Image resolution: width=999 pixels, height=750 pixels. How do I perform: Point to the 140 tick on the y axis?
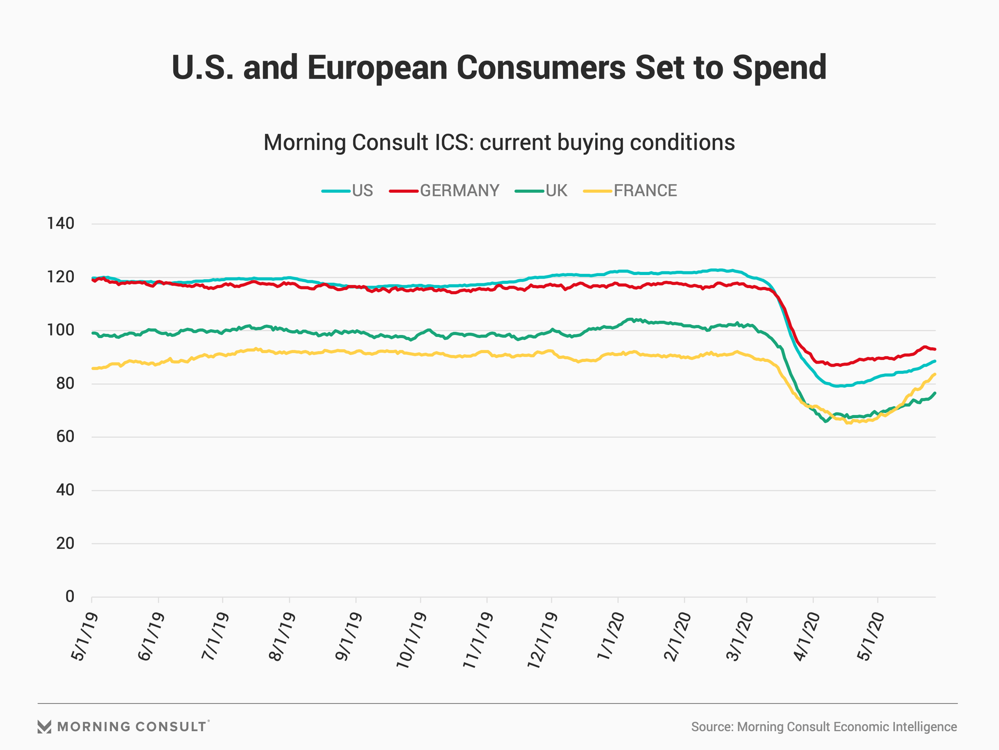coord(61,224)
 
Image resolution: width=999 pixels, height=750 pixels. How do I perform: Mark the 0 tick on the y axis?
coord(69,597)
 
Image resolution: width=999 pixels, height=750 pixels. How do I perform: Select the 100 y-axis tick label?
coord(61,330)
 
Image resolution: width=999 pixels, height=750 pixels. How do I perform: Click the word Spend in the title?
coord(779,68)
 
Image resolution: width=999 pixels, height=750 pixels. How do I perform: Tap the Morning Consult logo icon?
coord(45,727)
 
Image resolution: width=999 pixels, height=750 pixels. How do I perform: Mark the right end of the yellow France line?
coord(935,374)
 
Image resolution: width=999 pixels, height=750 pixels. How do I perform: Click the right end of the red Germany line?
coord(935,349)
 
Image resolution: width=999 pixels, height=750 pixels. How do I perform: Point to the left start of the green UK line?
coord(93,333)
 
